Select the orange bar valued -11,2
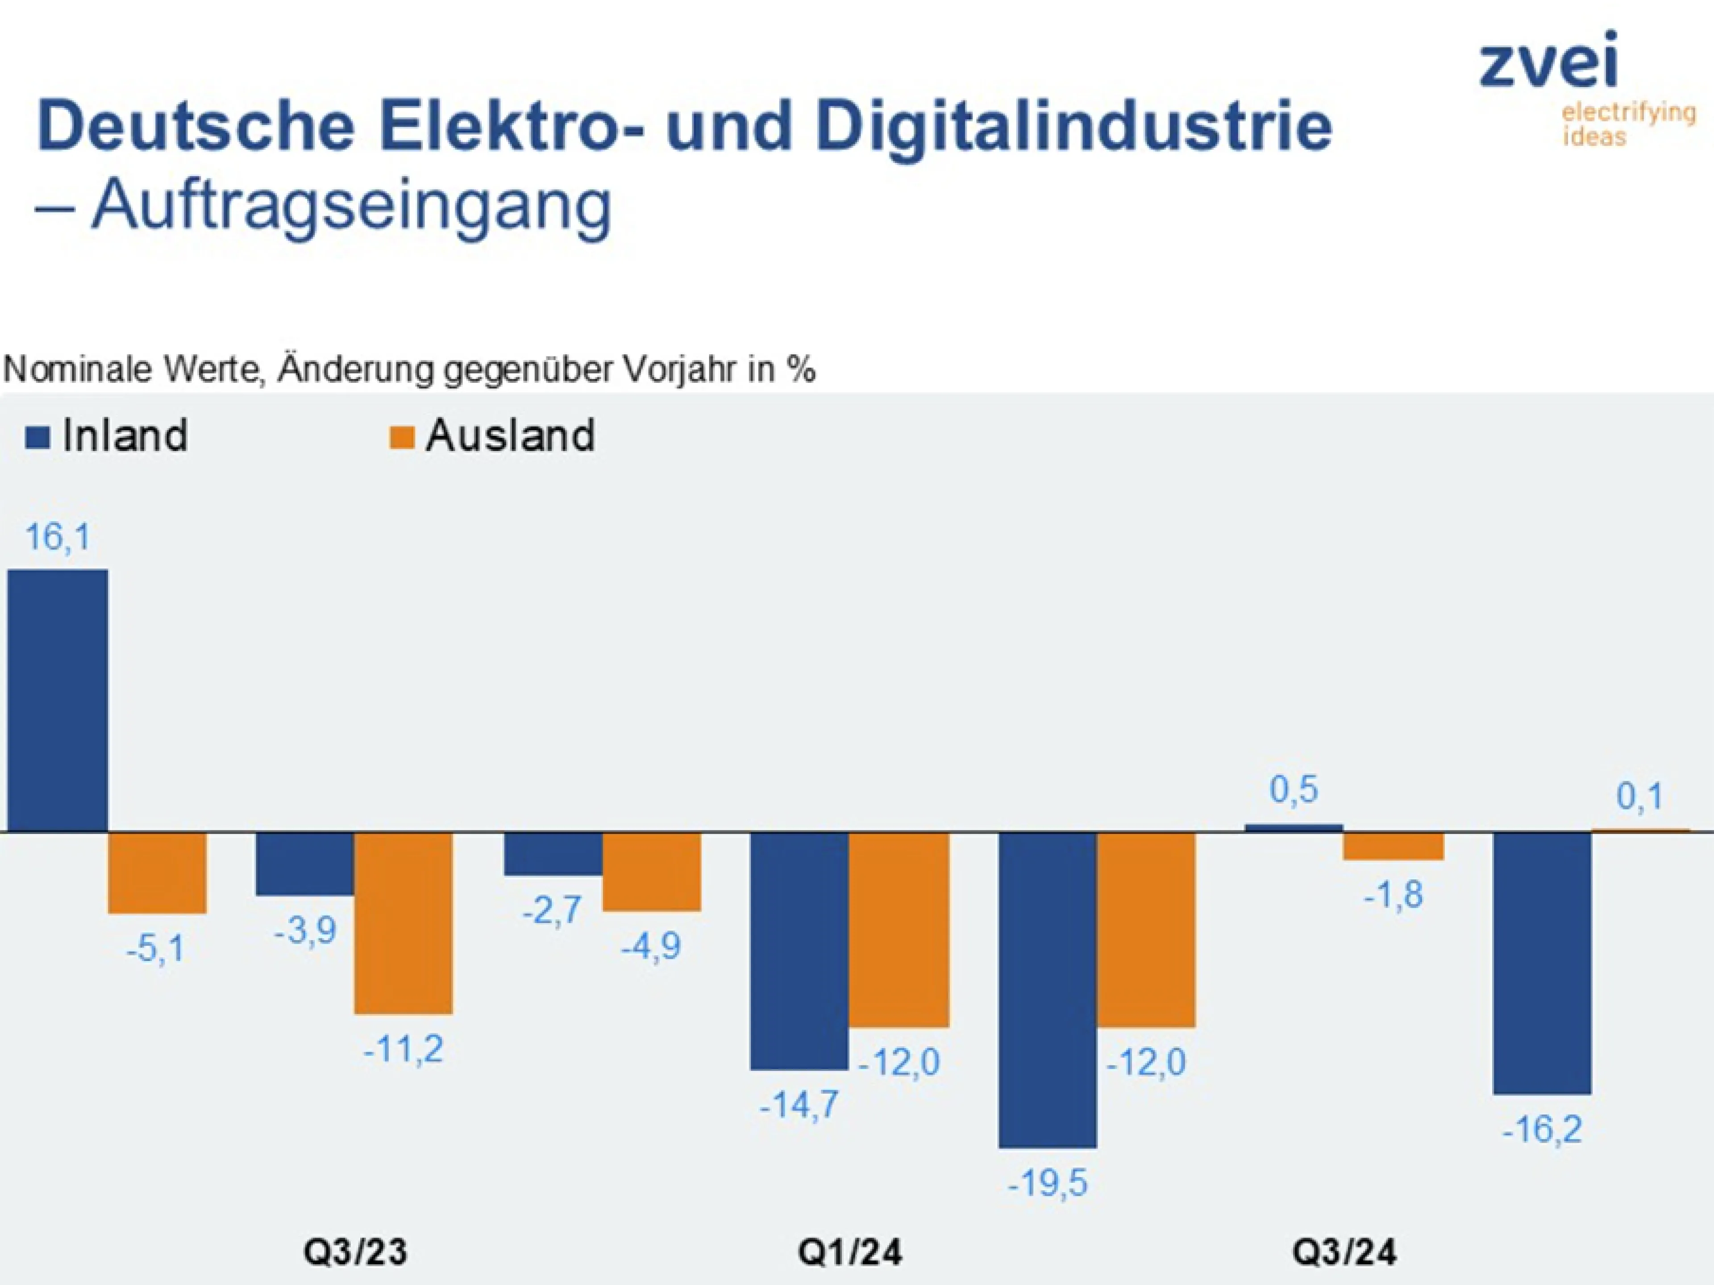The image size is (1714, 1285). [403, 923]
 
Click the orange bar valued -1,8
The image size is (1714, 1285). [1393, 846]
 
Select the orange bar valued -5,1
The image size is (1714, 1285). [157, 873]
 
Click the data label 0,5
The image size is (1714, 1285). [1293, 790]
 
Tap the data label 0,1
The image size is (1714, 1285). [1639, 797]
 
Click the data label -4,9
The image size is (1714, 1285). [651, 946]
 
